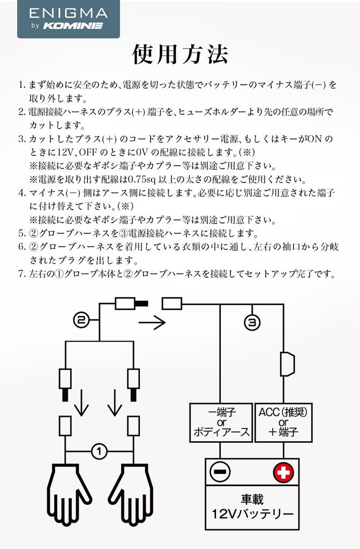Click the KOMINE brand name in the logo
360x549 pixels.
click(x=73, y=26)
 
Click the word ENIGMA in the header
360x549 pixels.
click(x=68, y=13)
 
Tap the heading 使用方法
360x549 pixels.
click(x=180, y=54)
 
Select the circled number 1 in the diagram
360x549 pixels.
click(x=99, y=451)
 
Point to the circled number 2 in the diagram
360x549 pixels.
click(x=81, y=320)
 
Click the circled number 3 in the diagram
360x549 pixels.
click(x=252, y=322)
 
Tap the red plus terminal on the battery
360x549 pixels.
click(x=283, y=473)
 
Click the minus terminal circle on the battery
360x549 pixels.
click(x=220, y=472)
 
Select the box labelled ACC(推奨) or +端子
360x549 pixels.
click(x=283, y=422)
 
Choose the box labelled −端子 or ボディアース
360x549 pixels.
click(x=221, y=422)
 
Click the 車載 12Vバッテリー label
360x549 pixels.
click(x=252, y=507)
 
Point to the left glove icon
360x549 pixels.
click(x=69, y=494)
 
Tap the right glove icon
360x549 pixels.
click(x=130, y=494)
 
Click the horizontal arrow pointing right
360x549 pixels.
click(x=152, y=322)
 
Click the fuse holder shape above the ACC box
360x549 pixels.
click(x=287, y=364)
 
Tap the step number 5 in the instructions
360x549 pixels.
click(x=21, y=233)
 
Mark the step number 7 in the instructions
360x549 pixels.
click(x=21, y=274)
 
